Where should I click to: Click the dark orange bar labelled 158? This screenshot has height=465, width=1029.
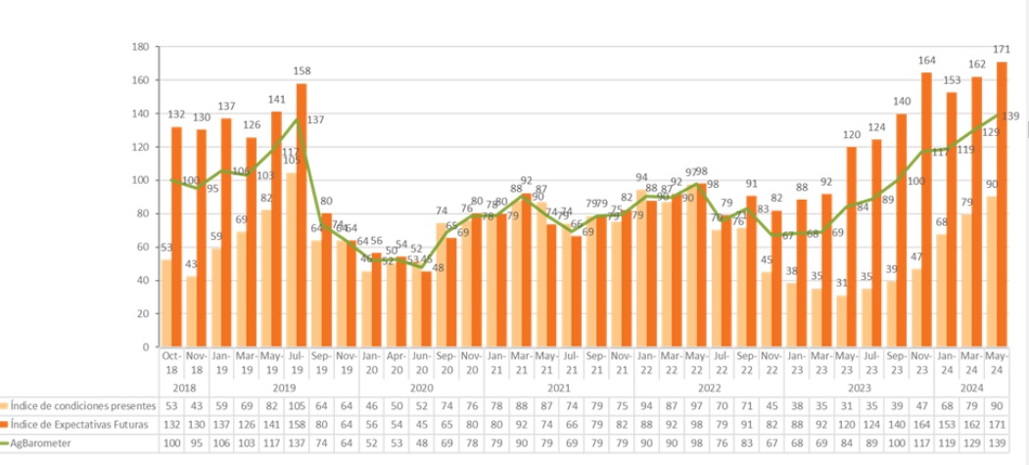pos(302,215)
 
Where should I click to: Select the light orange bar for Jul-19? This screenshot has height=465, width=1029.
pos(291,259)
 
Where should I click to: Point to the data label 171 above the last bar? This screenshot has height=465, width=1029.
pos(1002,49)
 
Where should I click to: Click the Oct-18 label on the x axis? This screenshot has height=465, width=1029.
pos(172,361)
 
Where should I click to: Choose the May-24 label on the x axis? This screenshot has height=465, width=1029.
pos(996,361)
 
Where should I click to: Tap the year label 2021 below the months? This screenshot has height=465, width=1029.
pos(558,387)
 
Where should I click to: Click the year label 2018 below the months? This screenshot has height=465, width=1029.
pos(172,387)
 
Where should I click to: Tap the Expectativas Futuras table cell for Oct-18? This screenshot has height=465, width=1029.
pos(172,424)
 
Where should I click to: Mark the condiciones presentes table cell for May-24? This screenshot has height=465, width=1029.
pos(996,404)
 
